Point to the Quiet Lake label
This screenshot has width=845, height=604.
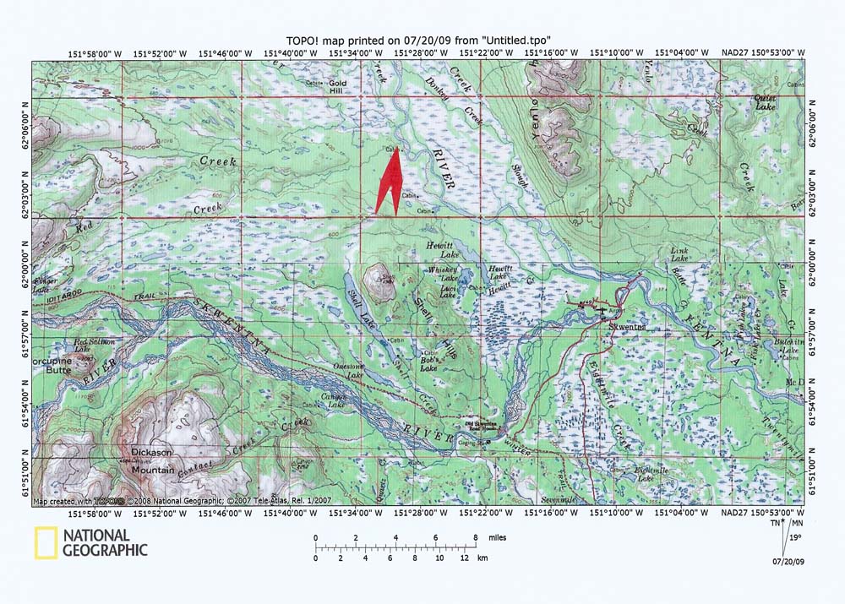coord(765,103)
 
